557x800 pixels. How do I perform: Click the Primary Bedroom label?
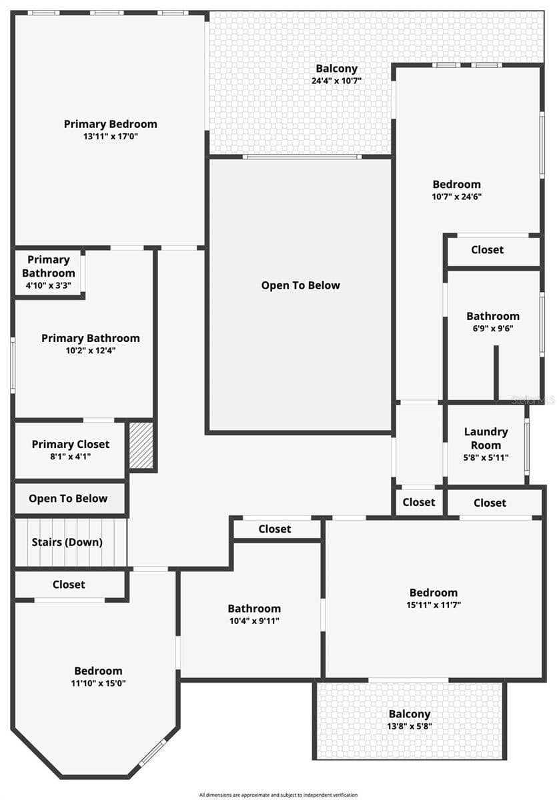point(111,124)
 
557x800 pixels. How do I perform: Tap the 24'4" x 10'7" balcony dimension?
point(336,81)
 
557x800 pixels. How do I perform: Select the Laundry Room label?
point(486,438)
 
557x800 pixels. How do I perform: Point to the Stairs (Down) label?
point(67,542)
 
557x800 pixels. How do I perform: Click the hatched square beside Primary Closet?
point(141,445)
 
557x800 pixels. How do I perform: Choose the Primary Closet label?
point(71,444)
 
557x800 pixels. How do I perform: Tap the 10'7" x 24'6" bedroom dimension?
point(456,197)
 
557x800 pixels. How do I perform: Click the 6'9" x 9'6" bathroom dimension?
point(493,328)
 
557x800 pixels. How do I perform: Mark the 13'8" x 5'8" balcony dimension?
point(410,726)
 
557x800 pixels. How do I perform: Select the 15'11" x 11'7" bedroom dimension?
point(434,605)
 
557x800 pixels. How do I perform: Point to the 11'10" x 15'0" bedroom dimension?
point(98,683)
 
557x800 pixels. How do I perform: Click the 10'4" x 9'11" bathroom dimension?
point(254,621)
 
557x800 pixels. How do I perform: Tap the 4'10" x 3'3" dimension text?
point(48,285)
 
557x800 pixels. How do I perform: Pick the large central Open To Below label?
point(300,285)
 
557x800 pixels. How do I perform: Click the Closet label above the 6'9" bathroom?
point(488,249)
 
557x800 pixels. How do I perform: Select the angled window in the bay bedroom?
point(153,753)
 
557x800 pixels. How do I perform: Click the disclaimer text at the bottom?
point(278,795)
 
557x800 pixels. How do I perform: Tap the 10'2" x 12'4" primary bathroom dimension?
point(91,351)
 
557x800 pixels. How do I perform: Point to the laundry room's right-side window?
point(526,447)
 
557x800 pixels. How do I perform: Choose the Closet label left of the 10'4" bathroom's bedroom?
point(69,584)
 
